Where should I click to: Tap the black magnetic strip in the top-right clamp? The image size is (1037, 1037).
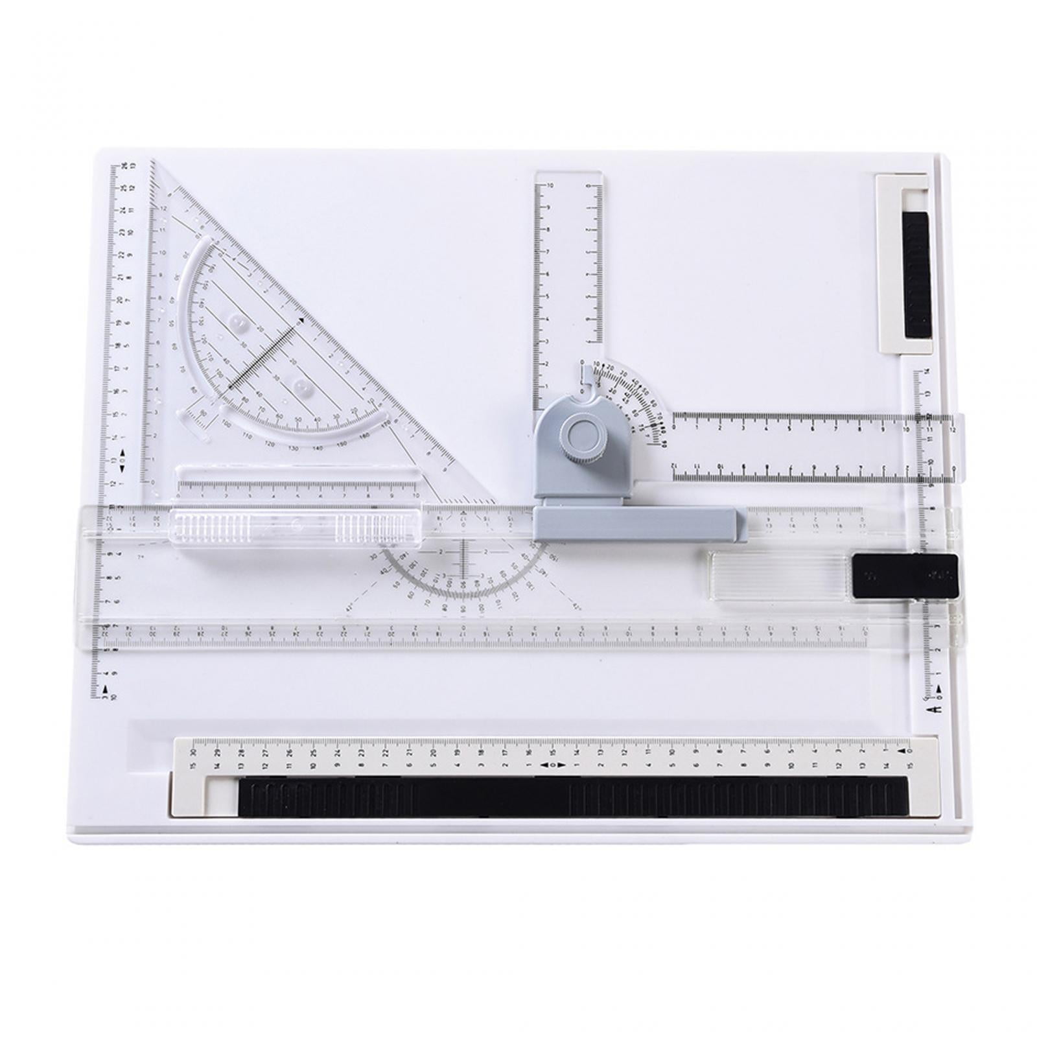coord(916,275)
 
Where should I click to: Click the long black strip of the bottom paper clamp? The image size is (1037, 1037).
coord(573,797)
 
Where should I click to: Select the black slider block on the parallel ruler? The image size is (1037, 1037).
coord(904,576)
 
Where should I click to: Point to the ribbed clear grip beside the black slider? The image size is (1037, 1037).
coord(776,576)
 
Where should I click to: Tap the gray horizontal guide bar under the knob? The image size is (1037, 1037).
coord(638,524)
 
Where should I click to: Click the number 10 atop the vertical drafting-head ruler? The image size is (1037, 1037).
coord(550,185)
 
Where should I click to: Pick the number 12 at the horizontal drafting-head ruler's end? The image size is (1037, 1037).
coord(951,429)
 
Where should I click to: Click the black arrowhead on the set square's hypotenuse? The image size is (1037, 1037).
coord(301,320)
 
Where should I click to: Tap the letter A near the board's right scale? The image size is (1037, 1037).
coord(936,710)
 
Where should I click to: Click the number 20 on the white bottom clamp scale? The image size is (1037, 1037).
coord(434,753)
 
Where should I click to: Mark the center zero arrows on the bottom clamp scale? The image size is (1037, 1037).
coord(552,765)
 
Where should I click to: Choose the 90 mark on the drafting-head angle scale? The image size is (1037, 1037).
coord(664,444)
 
